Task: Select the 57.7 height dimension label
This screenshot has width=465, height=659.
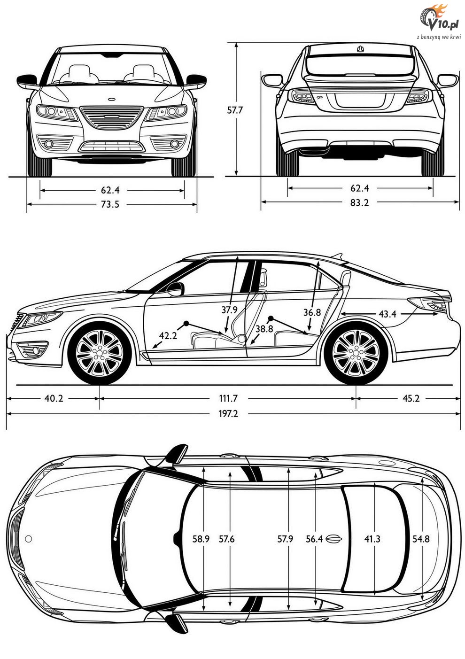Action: pos(235,110)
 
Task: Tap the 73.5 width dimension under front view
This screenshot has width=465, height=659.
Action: pos(110,204)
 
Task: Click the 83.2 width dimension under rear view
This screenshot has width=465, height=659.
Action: pos(359,202)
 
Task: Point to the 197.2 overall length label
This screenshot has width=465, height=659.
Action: pos(228,414)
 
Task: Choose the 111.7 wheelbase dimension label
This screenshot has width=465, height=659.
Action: pos(228,399)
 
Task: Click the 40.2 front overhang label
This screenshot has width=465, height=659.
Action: pos(54,399)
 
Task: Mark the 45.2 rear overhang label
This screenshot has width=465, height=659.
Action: pos(411,398)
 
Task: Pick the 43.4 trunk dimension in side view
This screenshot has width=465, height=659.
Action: pos(387,314)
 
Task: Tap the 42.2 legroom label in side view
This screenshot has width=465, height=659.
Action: pos(168,335)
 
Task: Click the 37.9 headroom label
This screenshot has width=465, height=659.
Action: pos(229,310)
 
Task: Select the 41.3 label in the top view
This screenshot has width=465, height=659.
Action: pos(372,539)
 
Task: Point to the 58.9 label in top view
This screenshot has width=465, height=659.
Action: pos(201,539)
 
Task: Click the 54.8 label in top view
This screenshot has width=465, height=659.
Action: pos(421,539)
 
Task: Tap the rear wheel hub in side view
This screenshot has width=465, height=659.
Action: pos(356,352)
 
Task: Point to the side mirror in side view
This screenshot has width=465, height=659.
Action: pos(176,289)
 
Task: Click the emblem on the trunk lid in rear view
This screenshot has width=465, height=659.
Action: pos(359,49)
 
